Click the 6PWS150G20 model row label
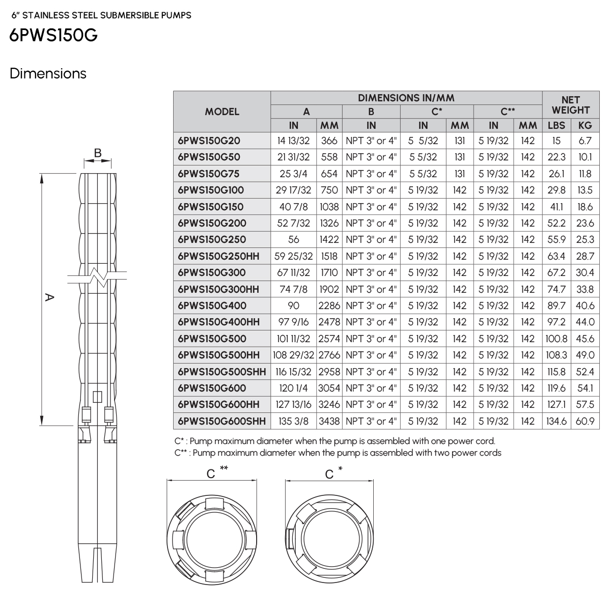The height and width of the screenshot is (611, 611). point(209,141)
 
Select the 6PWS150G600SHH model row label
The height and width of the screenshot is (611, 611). point(221,421)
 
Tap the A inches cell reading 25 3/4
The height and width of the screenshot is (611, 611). point(293,174)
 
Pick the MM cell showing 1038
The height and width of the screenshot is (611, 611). point(329,207)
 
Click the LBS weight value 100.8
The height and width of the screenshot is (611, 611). point(556,339)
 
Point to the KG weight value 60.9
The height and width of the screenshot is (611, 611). point(585,421)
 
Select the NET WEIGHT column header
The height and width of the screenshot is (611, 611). point(570,105)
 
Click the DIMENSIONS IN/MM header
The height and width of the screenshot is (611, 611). point(406,98)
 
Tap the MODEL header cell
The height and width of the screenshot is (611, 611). point(221,112)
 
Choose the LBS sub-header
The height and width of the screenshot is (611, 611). point(556,125)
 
